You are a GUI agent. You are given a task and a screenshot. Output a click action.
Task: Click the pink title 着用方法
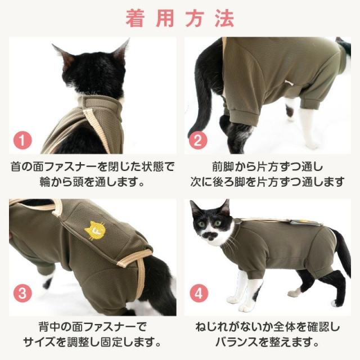point(180,19)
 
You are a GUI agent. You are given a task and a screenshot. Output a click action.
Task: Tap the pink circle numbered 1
point(22,140)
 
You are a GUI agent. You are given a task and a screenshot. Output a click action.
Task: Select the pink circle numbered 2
point(198,140)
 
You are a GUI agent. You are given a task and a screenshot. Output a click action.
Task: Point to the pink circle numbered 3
point(22,294)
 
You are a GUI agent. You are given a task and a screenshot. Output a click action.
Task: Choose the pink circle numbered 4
point(199,294)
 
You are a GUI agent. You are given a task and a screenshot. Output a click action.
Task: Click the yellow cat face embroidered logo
point(93,230)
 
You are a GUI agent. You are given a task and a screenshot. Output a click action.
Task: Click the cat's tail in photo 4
point(342,253)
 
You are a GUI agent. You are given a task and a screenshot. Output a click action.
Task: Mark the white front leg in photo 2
point(308,126)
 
